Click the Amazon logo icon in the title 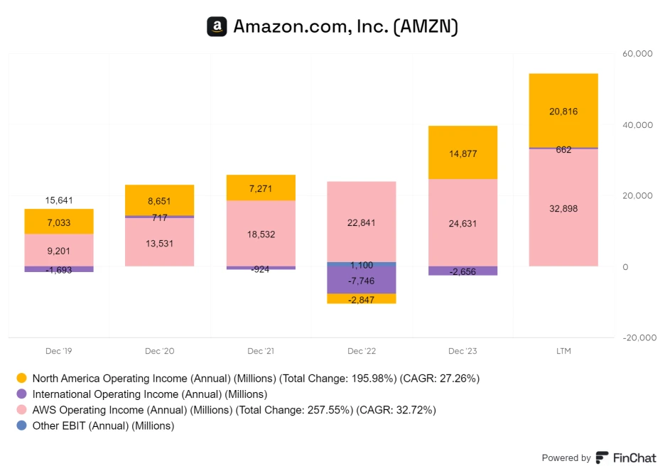point(217,27)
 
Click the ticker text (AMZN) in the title point(425,27)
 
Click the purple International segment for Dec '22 point(361,282)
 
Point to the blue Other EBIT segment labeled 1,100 point(361,265)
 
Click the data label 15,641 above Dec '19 point(59,200)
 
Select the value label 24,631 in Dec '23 point(462,224)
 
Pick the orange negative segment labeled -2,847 point(361,298)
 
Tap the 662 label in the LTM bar point(563,150)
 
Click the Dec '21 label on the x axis point(261,352)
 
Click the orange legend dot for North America point(21,378)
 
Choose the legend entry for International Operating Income point(150,394)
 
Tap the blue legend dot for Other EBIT point(21,426)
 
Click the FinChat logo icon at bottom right point(602,458)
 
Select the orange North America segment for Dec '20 point(160,200)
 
